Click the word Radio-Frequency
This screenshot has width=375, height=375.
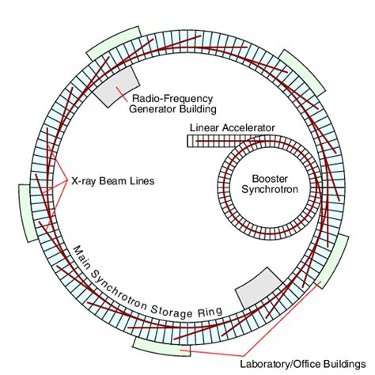(x=172, y=99)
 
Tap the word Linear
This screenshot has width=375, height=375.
(x=204, y=128)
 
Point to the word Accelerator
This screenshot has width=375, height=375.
(x=248, y=128)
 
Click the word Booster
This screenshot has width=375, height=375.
(x=270, y=179)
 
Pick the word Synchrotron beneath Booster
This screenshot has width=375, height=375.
(x=270, y=189)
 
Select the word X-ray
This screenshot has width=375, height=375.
(x=84, y=181)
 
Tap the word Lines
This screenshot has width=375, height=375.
(x=142, y=181)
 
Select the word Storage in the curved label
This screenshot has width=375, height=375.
(x=172, y=312)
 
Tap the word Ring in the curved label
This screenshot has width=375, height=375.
(x=210, y=312)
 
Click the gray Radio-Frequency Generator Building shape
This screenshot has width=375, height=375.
(x=116, y=87)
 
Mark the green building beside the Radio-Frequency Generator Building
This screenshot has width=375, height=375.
(x=114, y=44)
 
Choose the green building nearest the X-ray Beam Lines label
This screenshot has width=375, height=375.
(x=26, y=213)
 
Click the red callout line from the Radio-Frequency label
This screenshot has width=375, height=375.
(x=122, y=94)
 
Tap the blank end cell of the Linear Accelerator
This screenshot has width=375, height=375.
(x=191, y=141)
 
